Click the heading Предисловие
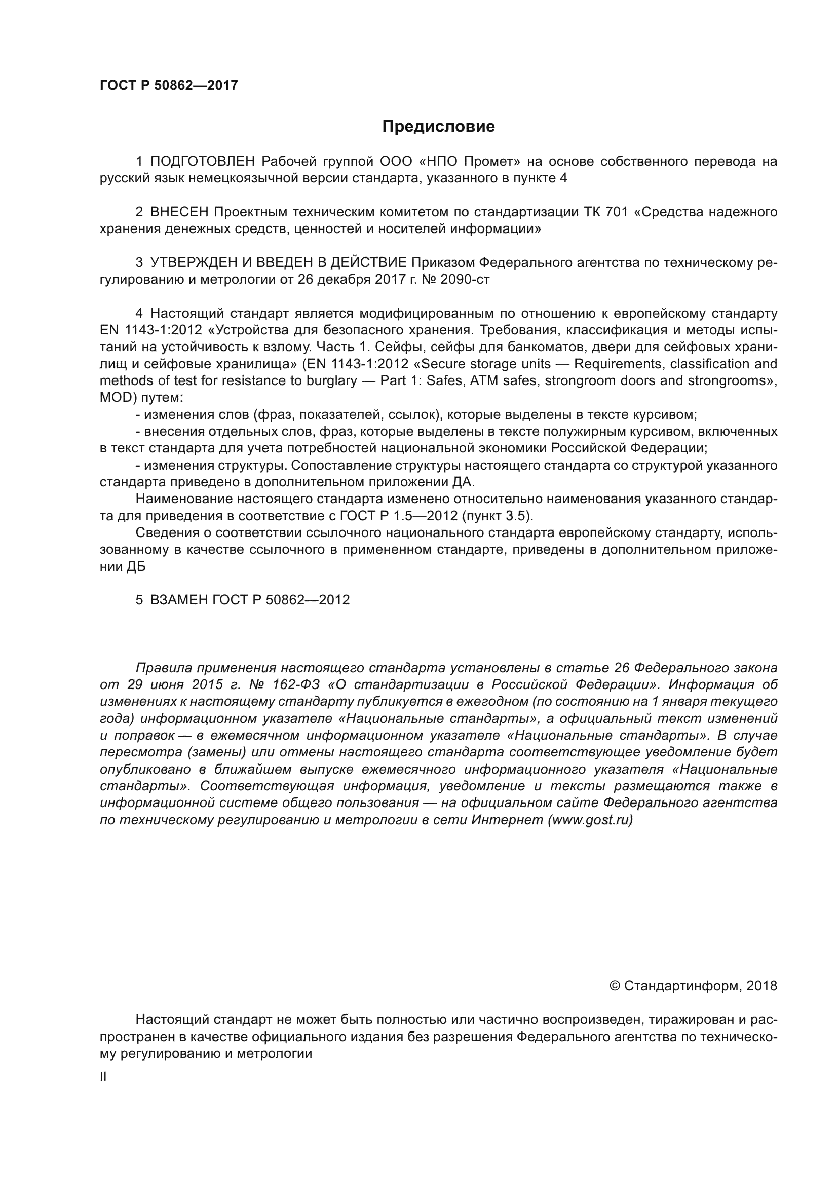[x=438, y=127]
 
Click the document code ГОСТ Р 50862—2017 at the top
[x=169, y=85]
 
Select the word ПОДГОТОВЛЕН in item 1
[x=202, y=162]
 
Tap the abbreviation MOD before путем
[x=117, y=398]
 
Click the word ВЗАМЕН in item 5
[x=178, y=600]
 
